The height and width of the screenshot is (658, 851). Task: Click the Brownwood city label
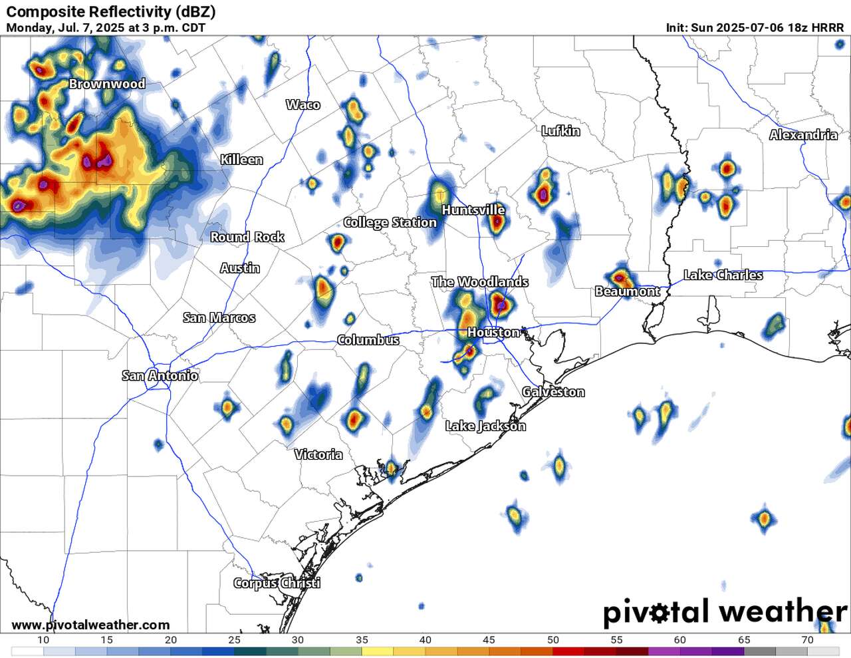coord(107,84)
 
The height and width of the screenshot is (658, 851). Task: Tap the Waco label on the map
coord(303,104)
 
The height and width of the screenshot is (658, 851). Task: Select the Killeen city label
coord(242,160)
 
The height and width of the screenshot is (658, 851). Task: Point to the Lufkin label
coord(560,131)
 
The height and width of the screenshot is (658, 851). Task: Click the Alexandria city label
coord(803,135)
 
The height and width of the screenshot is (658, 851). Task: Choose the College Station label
coord(390,222)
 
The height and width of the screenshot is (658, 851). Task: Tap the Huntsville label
coord(473,210)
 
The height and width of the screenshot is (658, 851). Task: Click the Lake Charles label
coord(723,275)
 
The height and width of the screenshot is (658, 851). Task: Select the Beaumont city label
coord(627,291)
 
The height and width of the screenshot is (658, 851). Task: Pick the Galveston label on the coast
coord(553,392)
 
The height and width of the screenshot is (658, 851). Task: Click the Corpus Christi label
coord(277,583)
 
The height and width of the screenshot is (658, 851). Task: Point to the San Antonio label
coord(160,376)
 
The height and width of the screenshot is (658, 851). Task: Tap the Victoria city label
coord(318,454)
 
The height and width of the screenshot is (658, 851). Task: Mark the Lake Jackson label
coord(485,426)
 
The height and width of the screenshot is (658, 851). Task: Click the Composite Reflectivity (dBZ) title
coord(110,11)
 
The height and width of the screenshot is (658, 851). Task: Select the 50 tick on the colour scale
coord(553,640)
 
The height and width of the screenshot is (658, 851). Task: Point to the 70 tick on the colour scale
coord(807,640)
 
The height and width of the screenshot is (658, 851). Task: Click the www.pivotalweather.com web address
coord(90,625)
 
